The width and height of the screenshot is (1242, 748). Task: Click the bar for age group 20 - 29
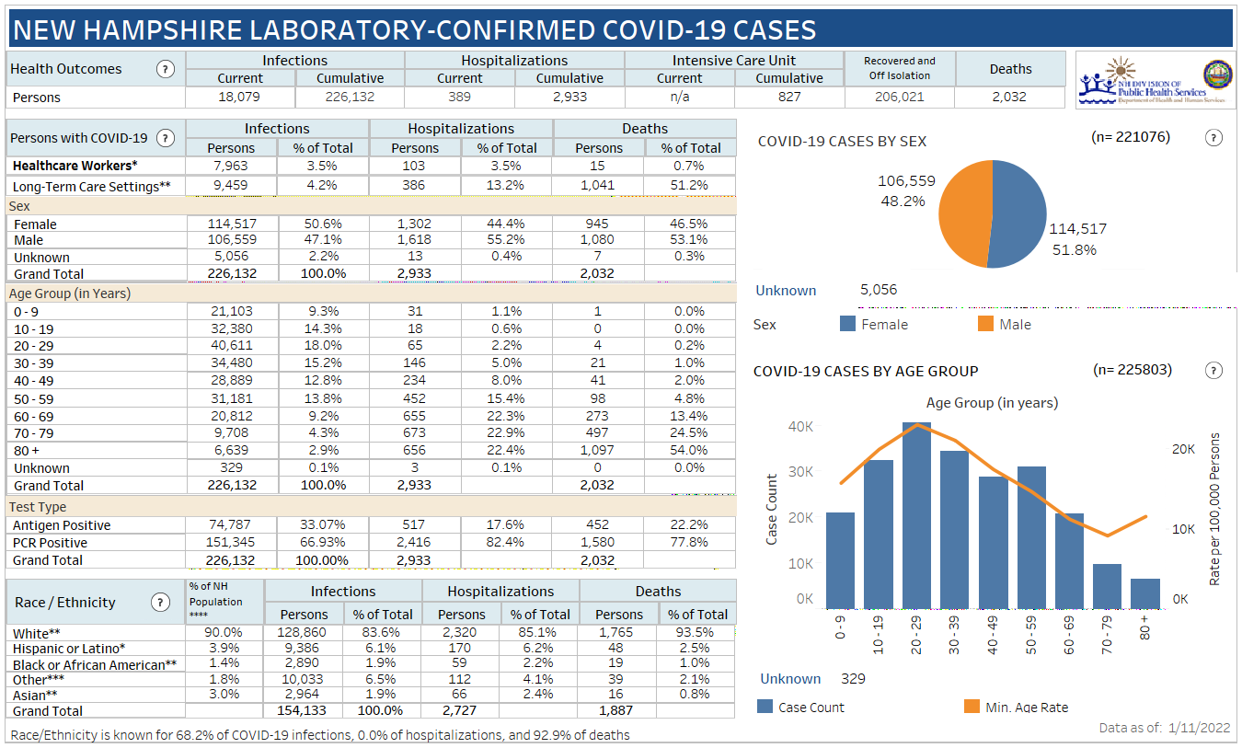pyautogui.click(x=917, y=515)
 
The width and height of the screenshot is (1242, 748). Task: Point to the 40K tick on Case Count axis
pyautogui.click(x=800, y=426)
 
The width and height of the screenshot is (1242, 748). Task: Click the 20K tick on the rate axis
pyautogui.click(x=1182, y=448)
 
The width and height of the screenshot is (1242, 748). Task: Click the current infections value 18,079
pyautogui.click(x=240, y=97)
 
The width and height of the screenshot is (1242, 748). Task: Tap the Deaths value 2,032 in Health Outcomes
pyautogui.click(x=1009, y=97)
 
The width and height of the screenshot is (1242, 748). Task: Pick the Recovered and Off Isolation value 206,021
pyautogui.click(x=899, y=97)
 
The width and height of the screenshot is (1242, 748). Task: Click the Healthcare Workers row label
pyautogui.click(x=75, y=166)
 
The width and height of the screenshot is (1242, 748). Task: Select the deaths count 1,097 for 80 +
pyautogui.click(x=599, y=450)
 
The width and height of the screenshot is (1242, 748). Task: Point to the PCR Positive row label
pyautogui.click(x=56, y=543)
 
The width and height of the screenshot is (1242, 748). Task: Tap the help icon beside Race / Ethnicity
pyautogui.click(x=161, y=603)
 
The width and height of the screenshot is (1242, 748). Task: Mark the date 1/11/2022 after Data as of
pyautogui.click(x=1199, y=728)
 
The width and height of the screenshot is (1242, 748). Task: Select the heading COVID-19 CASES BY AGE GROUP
pyautogui.click(x=866, y=371)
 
